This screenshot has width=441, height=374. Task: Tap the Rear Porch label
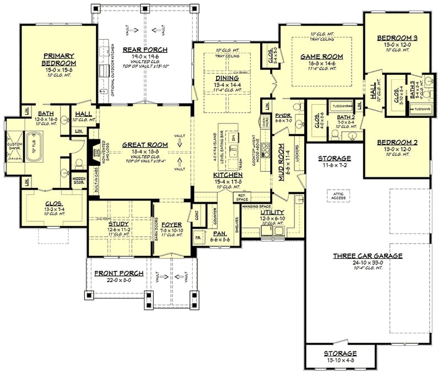(x=146, y=50)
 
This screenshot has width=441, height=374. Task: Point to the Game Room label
(x=321, y=57)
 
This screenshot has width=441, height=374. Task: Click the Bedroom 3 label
(x=396, y=38)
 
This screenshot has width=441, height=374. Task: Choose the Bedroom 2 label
(x=397, y=142)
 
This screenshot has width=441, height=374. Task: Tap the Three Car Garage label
(x=367, y=256)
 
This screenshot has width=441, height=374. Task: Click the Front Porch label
(x=119, y=273)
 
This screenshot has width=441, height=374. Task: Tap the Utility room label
(x=272, y=212)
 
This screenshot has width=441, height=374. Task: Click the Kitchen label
(x=225, y=175)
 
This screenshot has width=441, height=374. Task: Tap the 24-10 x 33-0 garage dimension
(x=367, y=263)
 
